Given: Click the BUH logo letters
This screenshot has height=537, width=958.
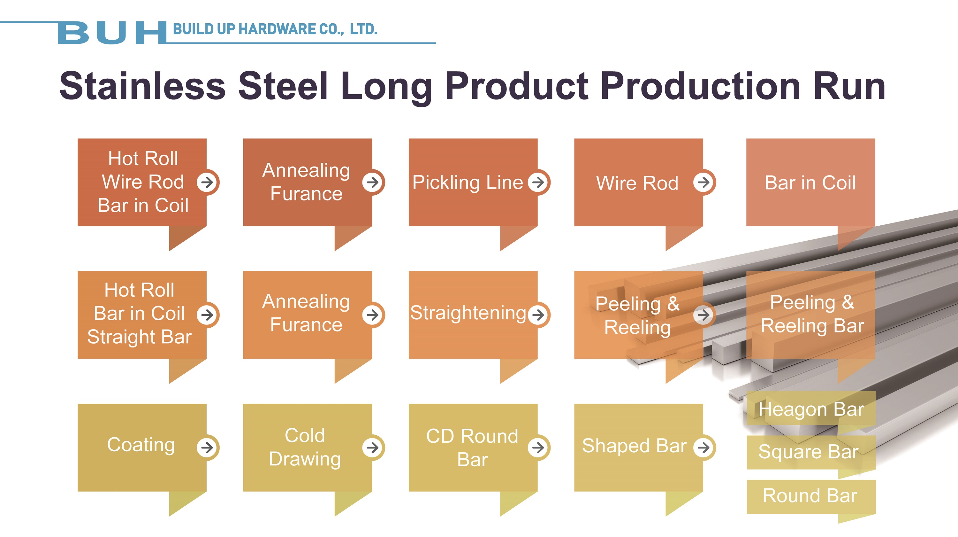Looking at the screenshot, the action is (x=112, y=33).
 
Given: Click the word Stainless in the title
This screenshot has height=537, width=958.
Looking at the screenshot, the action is (x=142, y=86).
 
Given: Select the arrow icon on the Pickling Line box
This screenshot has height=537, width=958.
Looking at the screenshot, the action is (x=538, y=182).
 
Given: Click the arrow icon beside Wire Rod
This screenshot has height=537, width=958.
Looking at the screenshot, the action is (x=703, y=182).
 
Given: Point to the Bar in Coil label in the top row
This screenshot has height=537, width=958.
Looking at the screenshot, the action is (x=810, y=183).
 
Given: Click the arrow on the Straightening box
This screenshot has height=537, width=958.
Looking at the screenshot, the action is (x=538, y=315).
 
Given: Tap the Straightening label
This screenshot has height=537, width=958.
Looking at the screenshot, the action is (x=468, y=313).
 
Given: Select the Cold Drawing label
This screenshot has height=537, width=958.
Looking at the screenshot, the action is (x=305, y=447).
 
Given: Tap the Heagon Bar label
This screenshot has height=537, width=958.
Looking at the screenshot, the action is (x=811, y=409).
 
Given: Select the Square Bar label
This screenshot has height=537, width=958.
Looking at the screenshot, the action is (x=809, y=452).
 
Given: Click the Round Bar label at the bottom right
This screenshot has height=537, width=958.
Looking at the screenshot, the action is (x=810, y=495).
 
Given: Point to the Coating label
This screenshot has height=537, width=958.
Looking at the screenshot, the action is (x=141, y=445).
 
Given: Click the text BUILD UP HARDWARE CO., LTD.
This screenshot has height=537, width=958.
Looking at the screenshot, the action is (x=275, y=29).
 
